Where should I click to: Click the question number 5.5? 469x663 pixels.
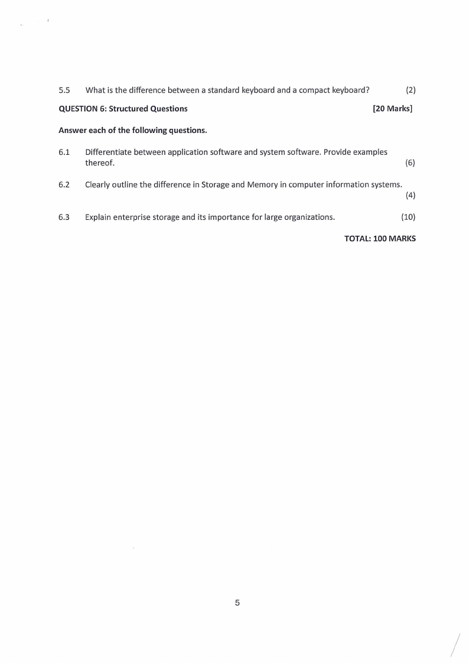(64, 90)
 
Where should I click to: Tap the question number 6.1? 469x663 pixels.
(64, 152)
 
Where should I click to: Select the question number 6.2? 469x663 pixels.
(64, 184)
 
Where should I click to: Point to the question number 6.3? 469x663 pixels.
(64, 217)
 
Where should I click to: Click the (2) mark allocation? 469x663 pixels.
(411, 90)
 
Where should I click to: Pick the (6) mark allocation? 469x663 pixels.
(410, 163)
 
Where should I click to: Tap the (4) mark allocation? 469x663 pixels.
(410, 196)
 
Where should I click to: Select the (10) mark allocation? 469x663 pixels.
(408, 217)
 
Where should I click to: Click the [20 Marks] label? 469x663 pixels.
(393, 109)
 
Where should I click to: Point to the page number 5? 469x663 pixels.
(237, 603)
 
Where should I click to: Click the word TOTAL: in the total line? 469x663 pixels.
(357, 239)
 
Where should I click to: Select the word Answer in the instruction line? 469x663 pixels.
(71, 130)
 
